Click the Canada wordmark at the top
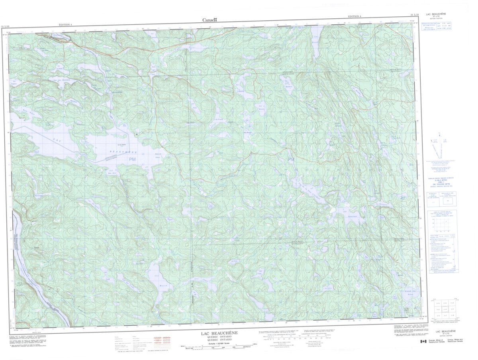pyautogui.click(x=210, y=20)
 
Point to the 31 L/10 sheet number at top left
pyautogui.click(x=6, y=26)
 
